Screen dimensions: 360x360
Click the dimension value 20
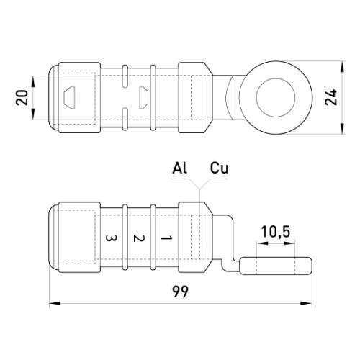pos(22,97)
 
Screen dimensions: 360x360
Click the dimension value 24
pos(331,97)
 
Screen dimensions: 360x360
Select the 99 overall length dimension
pos(181,292)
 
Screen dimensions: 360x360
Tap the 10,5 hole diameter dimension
pos(276,232)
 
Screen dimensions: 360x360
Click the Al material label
pos(179,168)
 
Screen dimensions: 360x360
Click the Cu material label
pos(220,168)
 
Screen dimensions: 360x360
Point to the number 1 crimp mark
pos(166,238)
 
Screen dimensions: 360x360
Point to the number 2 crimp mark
pos(139,238)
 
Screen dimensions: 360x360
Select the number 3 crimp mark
pos(111,238)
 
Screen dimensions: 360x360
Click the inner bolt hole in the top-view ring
pos(276,97)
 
